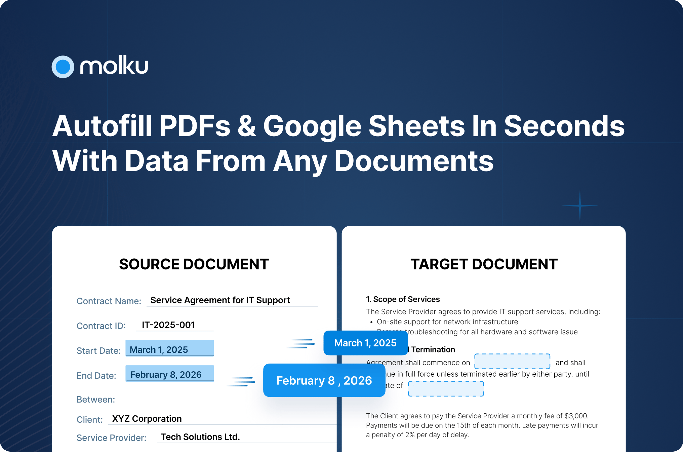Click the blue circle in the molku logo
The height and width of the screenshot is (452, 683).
(x=63, y=67)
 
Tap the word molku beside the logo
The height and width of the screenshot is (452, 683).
(x=114, y=66)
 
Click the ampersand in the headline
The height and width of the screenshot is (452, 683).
(x=247, y=126)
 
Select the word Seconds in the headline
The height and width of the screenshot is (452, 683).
(x=564, y=126)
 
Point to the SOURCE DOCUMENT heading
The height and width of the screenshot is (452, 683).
(x=194, y=264)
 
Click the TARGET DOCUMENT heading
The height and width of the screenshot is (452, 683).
(x=484, y=264)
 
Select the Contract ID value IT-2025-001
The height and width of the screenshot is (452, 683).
(x=168, y=325)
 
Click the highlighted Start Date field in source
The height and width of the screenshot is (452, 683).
(x=170, y=348)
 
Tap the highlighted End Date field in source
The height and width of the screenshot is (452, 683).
(x=170, y=373)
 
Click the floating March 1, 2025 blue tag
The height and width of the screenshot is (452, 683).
(x=365, y=343)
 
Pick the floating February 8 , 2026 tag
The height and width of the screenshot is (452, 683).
(x=324, y=380)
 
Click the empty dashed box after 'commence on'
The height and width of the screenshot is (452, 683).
(x=512, y=362)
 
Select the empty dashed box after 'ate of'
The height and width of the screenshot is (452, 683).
(x=446, y=389)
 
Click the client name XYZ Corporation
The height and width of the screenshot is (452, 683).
(x=147, y=419)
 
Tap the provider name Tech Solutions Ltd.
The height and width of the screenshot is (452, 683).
(x=200, y=437)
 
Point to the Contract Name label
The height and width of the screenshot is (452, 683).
(x=109, y=301)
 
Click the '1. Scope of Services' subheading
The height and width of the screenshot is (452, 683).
(x=403, y=299)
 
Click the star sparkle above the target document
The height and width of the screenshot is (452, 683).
(x=580, y=205)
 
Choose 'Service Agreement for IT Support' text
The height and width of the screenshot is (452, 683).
(x=220, y=300)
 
